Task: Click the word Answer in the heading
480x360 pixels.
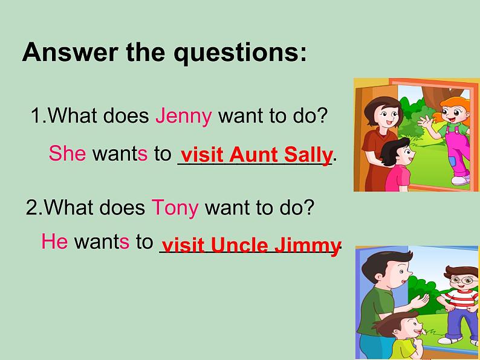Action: tap(70, 52)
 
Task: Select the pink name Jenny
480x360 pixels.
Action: tap(183, 117)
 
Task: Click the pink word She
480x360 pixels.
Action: tap(67, 153)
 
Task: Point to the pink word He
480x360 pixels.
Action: tap(54, 241)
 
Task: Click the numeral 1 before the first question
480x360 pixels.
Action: tap(36, 115)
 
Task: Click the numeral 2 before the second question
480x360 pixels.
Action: tap(31, 208)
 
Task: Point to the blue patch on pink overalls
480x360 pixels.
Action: tap(452, 161)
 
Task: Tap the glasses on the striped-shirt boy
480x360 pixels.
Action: tap(462, 280)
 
